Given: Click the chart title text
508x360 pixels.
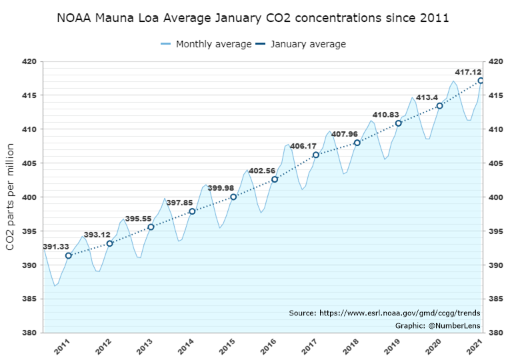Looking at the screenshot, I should pos(253,17).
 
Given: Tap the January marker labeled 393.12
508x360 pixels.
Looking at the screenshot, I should pos(110,243).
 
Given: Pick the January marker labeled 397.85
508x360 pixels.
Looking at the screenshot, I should pos(192,211).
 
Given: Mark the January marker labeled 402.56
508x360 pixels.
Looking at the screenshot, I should pos(275,179).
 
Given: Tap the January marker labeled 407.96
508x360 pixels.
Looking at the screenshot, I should pos(357,143).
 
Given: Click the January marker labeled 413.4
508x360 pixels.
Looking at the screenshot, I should pos(439,106).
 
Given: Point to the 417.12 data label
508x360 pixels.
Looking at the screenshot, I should pos(469,71).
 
